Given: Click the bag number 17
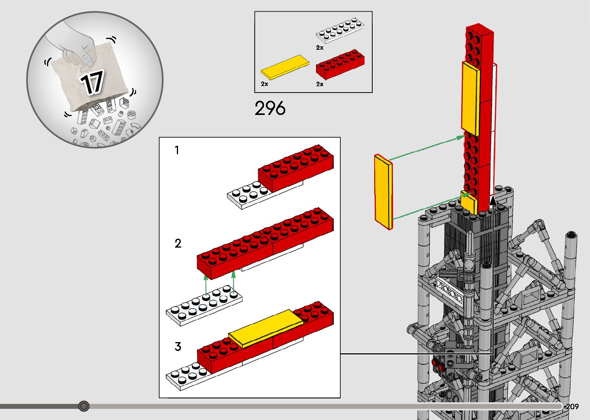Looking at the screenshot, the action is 92,82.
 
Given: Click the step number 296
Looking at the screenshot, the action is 270,108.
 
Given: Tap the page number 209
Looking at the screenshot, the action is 572,406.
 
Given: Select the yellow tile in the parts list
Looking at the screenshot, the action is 285,67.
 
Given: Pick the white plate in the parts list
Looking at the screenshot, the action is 340,30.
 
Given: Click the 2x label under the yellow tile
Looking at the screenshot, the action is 264,84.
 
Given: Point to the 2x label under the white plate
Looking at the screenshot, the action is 320,48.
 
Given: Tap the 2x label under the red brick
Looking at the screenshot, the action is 320,84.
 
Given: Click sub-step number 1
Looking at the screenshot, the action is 177,150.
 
